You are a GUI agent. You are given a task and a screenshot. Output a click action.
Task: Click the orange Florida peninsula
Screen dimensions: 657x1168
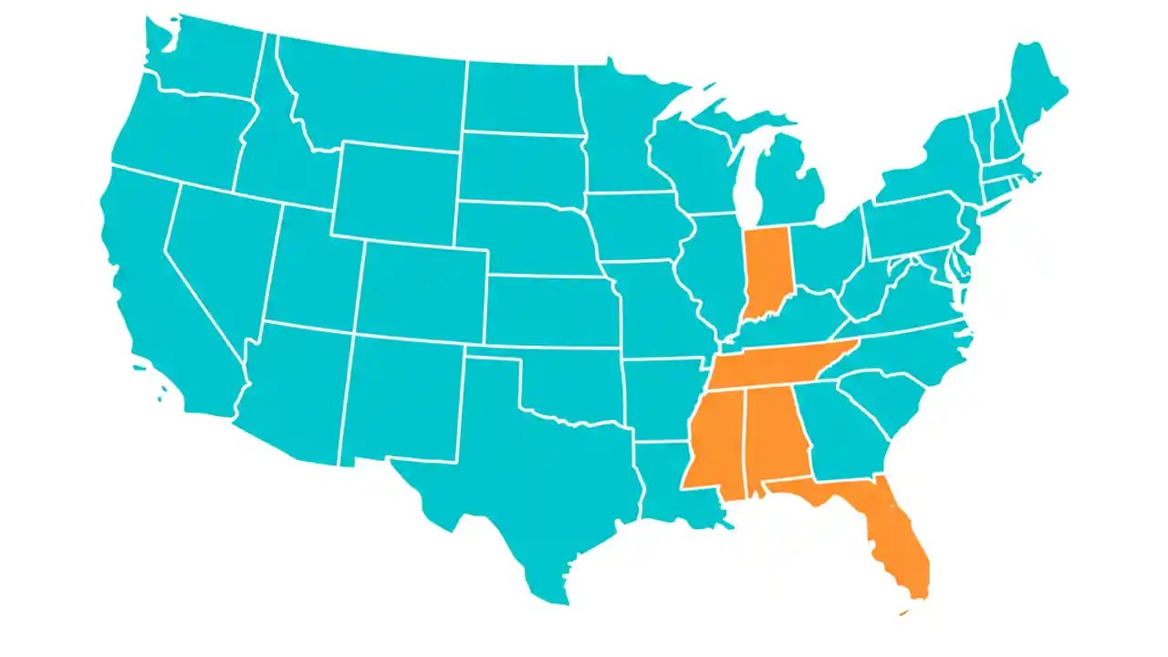point(899,538)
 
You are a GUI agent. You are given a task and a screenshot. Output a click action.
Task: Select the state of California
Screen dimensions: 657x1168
point(155,292)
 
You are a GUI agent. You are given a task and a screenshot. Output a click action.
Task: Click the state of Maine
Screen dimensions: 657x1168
point(1036,91)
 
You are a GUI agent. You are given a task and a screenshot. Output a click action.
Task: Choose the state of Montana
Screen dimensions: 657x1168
point(374,91)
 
